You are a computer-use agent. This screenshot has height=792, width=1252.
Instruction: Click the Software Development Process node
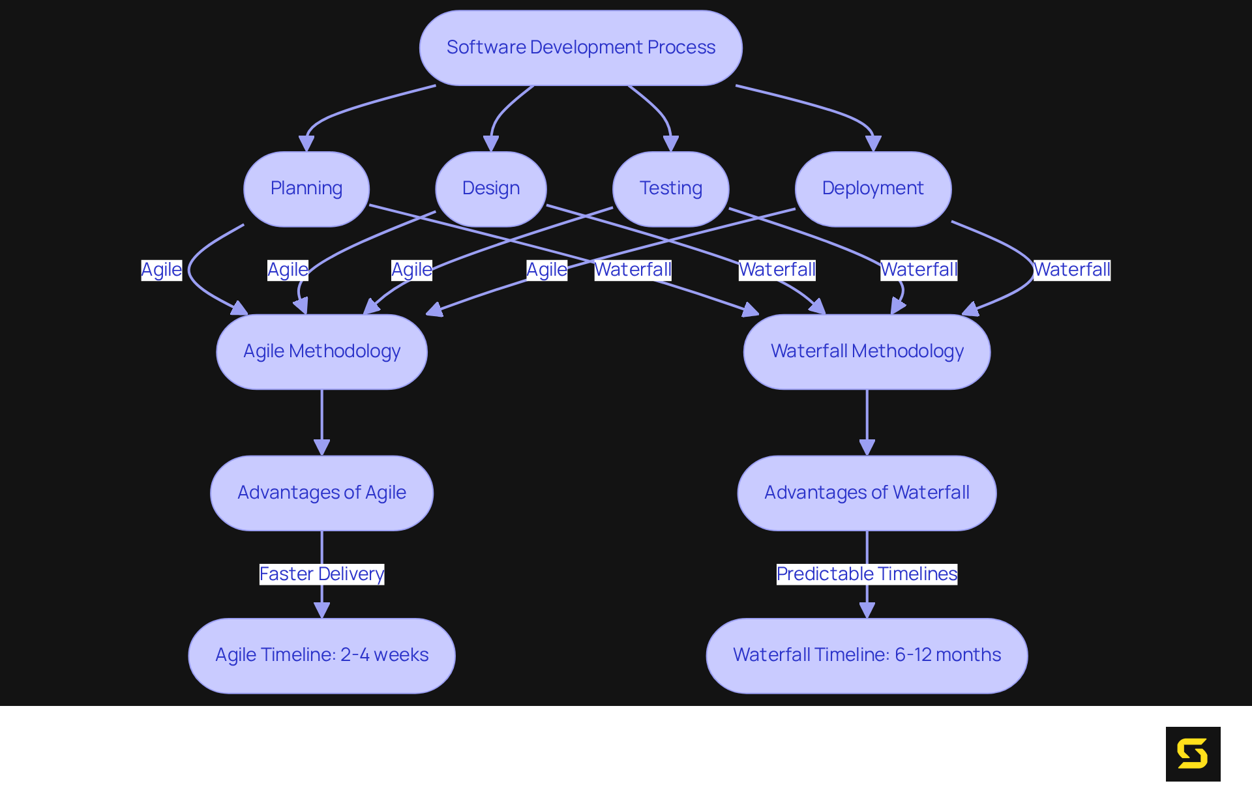pyautogui.click(x=580, y=48)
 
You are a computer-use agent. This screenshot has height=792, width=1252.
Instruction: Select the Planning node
pyautogui.click(x=306, y=188)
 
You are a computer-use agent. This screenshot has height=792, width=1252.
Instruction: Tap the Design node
pyautogui.click(x=490, y=188)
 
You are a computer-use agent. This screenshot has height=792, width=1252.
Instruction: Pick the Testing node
pyautogui.click(x=670, y=188)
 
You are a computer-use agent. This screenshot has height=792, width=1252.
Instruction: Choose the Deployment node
pyautogui.click(x=872, y=188)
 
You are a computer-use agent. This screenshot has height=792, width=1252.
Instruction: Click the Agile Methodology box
pyautogui.click(x=321, y=351)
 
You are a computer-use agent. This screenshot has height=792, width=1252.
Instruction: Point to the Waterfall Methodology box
pyautogui.click(x=867, y=351)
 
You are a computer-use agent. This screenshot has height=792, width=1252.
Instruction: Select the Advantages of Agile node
pyautogui.click(x=321, y=493)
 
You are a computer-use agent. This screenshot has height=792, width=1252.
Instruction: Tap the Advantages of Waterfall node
pyautogui.click(x=867, y=493)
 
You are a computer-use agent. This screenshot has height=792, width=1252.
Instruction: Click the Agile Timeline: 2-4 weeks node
pyautogui.click(x=321, y=655)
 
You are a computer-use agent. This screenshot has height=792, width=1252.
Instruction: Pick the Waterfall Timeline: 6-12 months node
pyautogui.click(x=867, y=655)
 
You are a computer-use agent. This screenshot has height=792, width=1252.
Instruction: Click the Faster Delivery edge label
pyautogui.click(x=321, y=574)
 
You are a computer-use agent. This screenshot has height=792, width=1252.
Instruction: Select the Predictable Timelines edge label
pyautogui.click(x=867, y=574)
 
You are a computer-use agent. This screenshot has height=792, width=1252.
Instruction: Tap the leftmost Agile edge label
pyautogui.click(x=161, y=270)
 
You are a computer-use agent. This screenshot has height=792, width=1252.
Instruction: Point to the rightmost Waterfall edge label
pyautogui.click(x=1071, y=270)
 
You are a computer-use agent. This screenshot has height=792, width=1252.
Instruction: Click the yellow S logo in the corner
pyautogui.click(x=1193, y=754)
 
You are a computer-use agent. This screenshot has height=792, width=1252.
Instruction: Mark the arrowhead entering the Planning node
pyautogui.click(x=306, y=144)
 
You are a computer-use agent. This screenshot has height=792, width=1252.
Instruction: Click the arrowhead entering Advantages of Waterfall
pyautogui.click(x=867, y=448)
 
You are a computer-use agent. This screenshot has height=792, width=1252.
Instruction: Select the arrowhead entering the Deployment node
pyautogui.click(x=873, y=144)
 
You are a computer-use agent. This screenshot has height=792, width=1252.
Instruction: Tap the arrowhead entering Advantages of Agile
pyautogui.click(x=321, y=448)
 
